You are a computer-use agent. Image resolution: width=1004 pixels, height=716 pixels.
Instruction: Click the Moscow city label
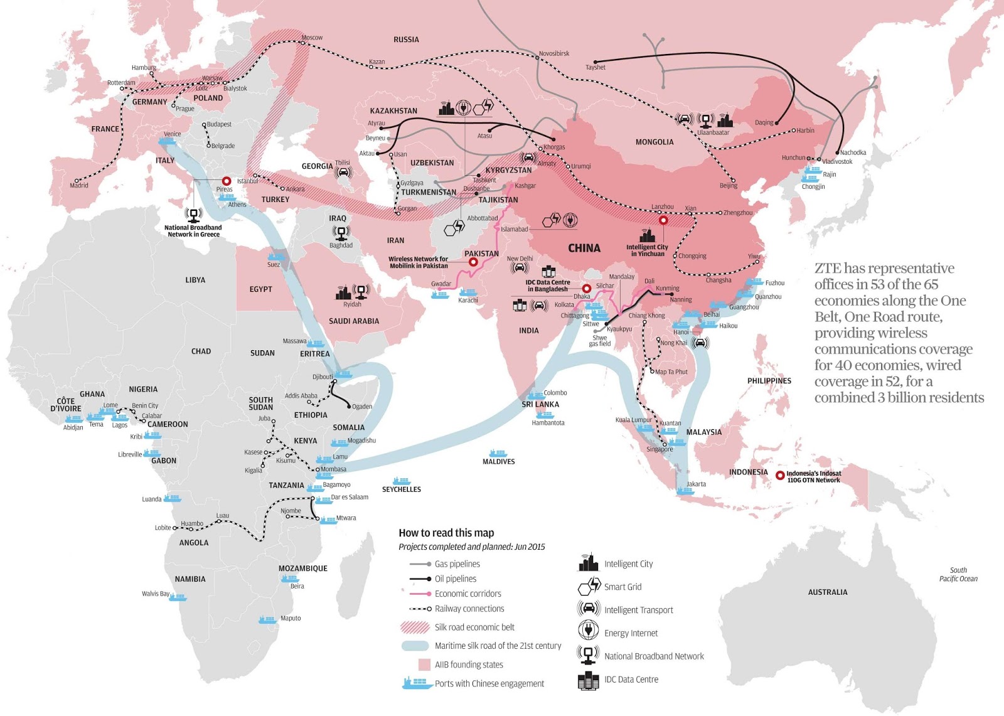[x=312, y=38]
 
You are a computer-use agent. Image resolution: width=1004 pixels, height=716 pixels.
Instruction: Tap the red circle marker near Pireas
[x=227, y=181]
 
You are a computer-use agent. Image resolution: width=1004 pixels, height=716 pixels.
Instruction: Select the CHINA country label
[x=584, y=248]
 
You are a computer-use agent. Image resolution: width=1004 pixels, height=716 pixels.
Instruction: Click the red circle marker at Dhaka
[x=587, y=289]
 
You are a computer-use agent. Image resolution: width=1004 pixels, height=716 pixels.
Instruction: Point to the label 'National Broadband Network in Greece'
[x=193, y=231]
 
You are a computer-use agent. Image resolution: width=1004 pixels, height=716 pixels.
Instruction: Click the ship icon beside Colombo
[x=535, y=396]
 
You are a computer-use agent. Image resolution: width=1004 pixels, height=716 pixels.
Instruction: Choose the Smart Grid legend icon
[x=589, y=586]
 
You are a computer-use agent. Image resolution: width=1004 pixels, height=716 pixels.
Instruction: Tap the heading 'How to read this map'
[x=446, y=533]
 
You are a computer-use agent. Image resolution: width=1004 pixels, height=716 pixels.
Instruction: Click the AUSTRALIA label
[x=827, y=592]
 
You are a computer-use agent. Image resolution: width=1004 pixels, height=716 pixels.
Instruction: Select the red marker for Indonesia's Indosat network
[x=780, y=476]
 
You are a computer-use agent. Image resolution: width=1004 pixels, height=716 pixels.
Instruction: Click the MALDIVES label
[x=498, y=461]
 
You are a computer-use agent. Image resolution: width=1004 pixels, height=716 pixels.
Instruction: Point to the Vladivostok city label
[x=837, y=161]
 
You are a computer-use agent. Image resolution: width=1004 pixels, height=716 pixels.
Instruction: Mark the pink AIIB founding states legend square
[x=424, y=664]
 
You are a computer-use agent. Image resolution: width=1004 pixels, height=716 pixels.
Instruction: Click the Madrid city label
[x=79, y=185]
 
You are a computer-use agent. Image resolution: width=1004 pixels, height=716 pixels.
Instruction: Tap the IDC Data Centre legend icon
[x=588, y=680]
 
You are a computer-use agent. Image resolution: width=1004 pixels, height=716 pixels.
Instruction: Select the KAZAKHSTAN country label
[x=393, y=110]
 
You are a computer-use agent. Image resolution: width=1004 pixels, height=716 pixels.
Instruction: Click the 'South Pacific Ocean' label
[x=958, y=574]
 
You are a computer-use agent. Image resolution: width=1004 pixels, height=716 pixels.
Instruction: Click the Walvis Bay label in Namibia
[x=155, y=593]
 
